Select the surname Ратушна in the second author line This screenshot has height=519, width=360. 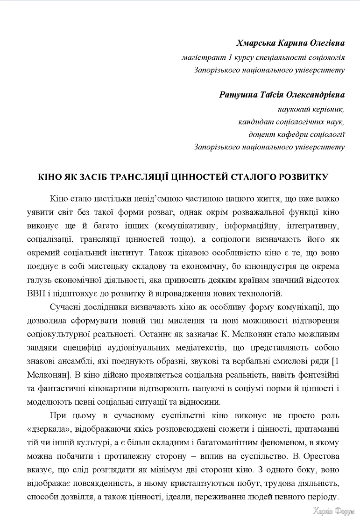point(239,95)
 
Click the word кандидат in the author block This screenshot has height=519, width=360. point(255,122)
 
